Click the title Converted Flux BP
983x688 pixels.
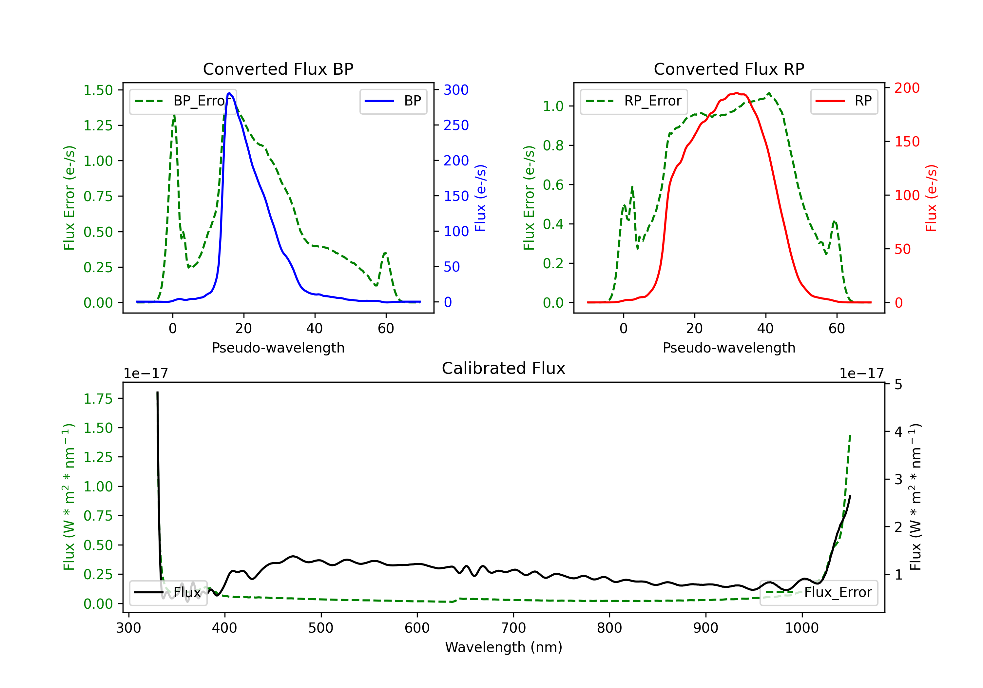(x=278, y=69)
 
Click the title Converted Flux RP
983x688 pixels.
(x=729, y=69)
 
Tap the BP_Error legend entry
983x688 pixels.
(x=183, y=101)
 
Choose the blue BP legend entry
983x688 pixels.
(x=393, y=101)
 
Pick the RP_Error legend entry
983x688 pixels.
(x=634, y=101)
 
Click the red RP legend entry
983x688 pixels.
(x=844, y=101)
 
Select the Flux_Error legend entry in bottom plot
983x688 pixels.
(x=819, y=593)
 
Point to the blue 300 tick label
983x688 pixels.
(x=456, y=90)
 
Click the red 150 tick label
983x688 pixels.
(x=907, y=142)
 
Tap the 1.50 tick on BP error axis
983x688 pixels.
(x=98, y=90)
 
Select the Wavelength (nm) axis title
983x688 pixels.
(x=504, y=647)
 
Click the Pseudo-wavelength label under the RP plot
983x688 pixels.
(x=729, y=348)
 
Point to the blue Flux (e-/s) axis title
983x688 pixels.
(x=481, y=198)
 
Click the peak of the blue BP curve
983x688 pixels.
(x=229, y=93)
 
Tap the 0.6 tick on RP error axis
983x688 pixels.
(x=553, y=185)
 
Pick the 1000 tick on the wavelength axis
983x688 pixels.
(x=801, y=628)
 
